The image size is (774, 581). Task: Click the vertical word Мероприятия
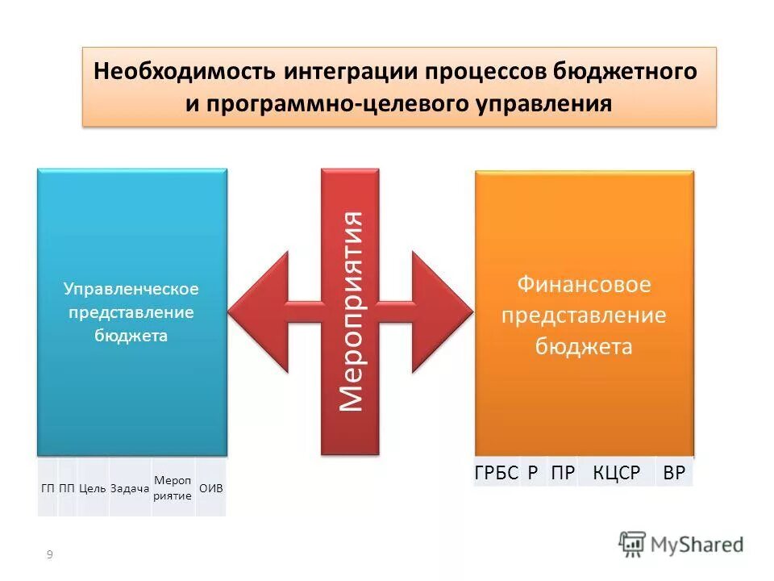pyautogui.click(x=351, y=311)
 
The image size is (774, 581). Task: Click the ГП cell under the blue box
pyautogui.click(x=48, y=488)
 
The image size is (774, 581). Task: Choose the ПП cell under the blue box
pyautogui.click(x=67, y=488)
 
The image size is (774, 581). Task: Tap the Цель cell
pyautogui.click(x=93, y=488)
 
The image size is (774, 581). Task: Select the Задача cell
pyautogui.click(x=131, y=488)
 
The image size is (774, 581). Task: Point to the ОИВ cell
pyautogui.click(x=210, y=488)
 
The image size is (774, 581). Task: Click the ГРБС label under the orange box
pyautogui.click(x=496, y=474)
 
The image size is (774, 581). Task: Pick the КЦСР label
pyautogui.click(x=617, y=474)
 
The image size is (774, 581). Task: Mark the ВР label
pyautogui.click(x=674, y=474)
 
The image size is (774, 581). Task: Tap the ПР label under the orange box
pyautogui.click(x=563, y=474)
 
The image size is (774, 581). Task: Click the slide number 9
pyautogui.click(x=50, y=554)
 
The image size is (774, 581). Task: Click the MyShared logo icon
pyautogui.click(x=633, y=544)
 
